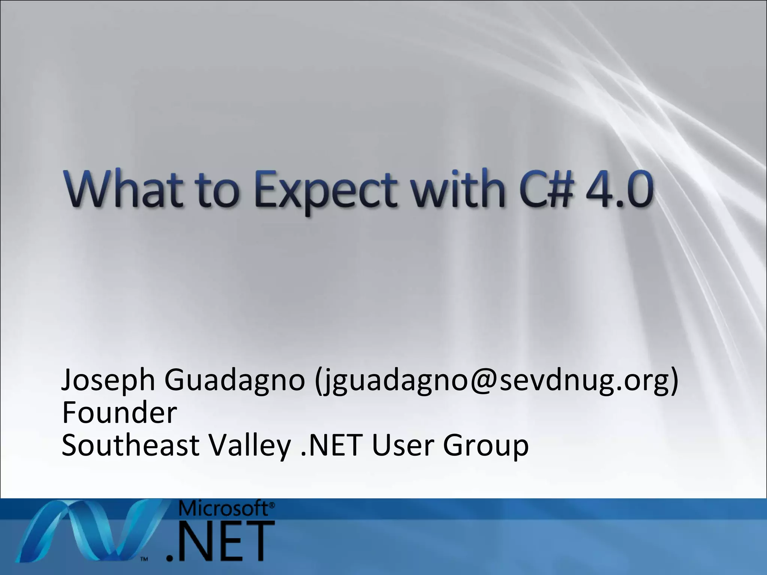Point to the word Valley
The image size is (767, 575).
[x=249, y=445]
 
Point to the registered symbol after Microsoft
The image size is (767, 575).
[x=272, y=505]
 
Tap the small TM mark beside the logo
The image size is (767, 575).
[x=144, y=559]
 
